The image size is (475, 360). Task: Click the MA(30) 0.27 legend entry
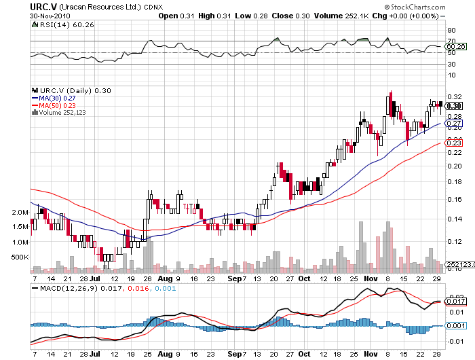[58, 97]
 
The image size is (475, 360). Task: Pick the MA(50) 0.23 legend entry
[58, 105]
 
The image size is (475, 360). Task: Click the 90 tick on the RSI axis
[450, 31]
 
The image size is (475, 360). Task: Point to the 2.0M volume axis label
[20, 213]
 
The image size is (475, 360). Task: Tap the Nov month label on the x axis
[370, 278]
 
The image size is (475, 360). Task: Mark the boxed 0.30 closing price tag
[454, 106]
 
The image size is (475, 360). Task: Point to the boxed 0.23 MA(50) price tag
[454, 143]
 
